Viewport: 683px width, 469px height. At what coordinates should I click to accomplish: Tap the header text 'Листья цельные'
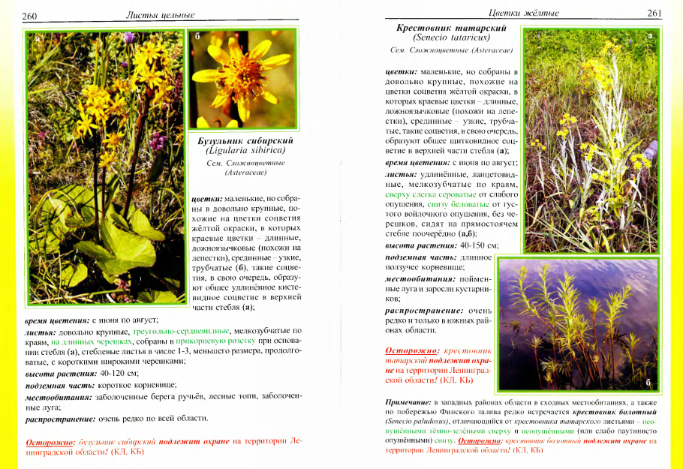pos(159,15)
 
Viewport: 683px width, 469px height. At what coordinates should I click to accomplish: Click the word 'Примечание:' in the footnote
pos(408,403)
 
